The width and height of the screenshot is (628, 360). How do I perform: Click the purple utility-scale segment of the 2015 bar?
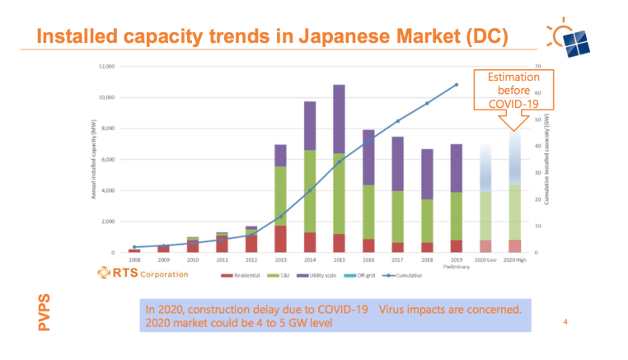tap(339, 119)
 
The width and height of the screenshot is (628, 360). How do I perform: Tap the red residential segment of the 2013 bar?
tap(280, 239)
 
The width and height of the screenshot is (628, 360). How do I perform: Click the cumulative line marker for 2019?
tap(456, 85)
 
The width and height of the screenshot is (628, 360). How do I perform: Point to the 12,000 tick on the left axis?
tap(105, 67)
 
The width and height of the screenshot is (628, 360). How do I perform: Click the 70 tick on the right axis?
tap(537, 67)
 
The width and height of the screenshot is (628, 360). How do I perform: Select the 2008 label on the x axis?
tap(134, 259)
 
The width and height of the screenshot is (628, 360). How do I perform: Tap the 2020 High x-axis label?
tap(514, 259)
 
